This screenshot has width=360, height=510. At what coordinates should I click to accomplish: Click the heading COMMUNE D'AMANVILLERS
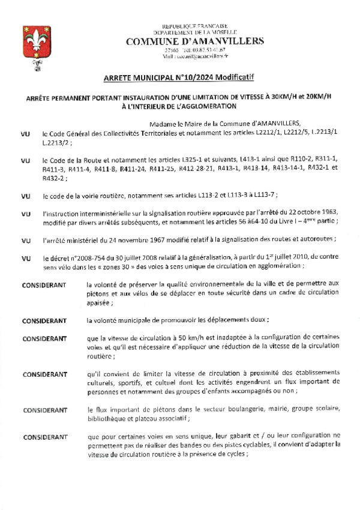click(195, 41)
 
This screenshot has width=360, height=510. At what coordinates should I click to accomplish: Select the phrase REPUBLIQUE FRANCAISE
click(195, 26)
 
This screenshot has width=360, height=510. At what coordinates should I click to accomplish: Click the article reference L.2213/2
click(56, 144)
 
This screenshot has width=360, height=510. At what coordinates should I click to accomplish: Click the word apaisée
click(101, 304)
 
